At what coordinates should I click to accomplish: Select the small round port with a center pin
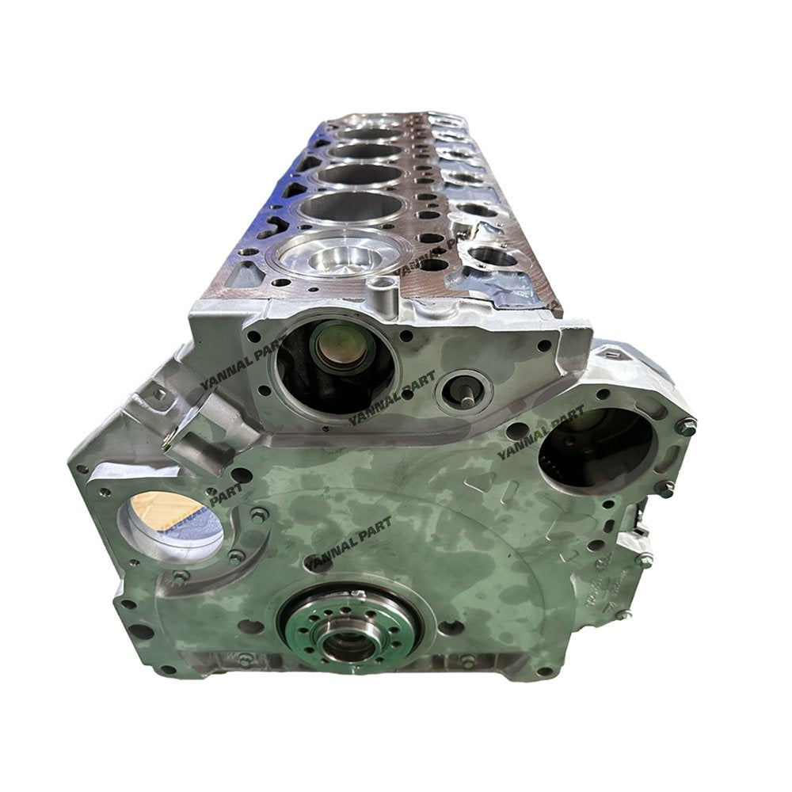point(466,390)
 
